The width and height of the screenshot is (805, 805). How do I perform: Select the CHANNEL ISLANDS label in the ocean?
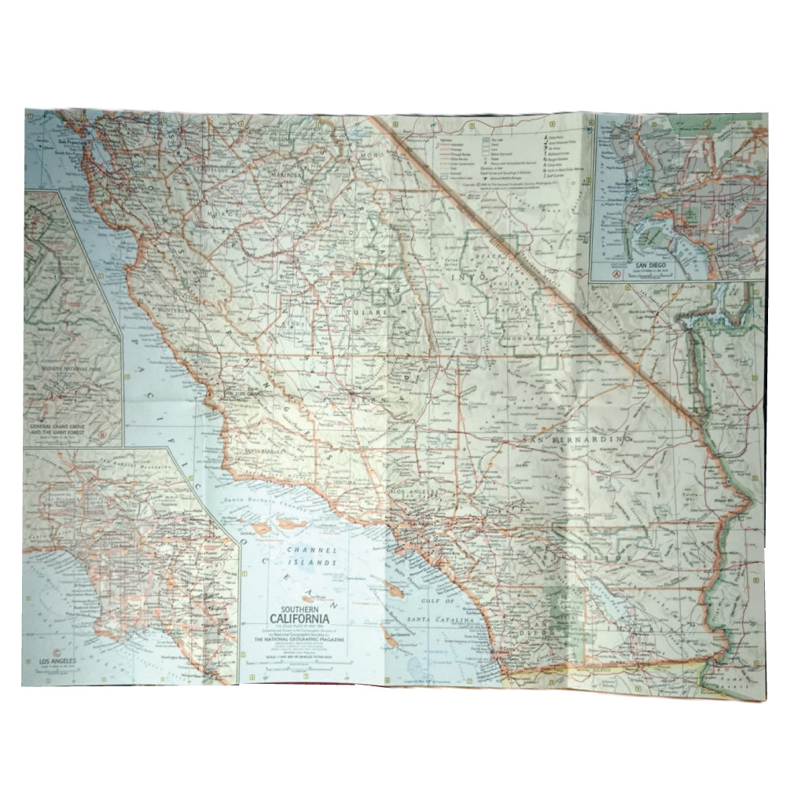point(311,557)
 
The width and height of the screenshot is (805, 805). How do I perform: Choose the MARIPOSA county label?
point(274,175)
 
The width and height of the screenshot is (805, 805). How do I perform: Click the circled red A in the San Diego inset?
point(616,274)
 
